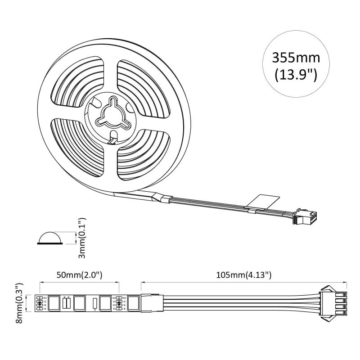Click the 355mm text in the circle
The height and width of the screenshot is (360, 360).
tap(296, 58)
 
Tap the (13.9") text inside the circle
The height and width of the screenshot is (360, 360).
tap(296, 75)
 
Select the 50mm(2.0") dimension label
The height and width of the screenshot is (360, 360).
tap(79, 274)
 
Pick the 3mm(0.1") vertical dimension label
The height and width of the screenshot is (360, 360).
tap(81, 238)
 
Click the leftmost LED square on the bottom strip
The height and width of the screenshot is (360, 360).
tap(54, 302)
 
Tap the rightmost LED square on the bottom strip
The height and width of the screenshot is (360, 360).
tap(134, 302)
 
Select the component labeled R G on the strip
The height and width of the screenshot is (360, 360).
tap(66, 302)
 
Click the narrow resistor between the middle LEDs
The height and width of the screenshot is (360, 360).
tap(94, 303)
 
